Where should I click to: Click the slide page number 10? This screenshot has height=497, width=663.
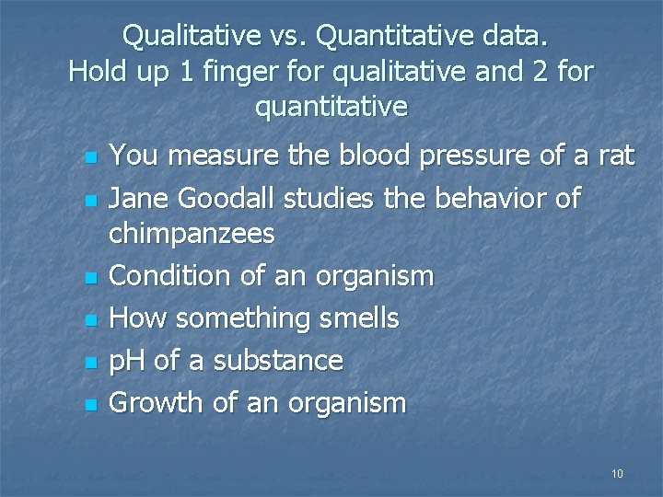tap(617, 474)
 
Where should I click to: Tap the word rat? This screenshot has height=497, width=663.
tap(615, 156)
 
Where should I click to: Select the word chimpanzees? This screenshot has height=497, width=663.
tap(192, 235)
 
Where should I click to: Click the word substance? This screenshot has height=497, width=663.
tap(278, 360)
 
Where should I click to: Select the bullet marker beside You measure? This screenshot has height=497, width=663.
tap(89, 157)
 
